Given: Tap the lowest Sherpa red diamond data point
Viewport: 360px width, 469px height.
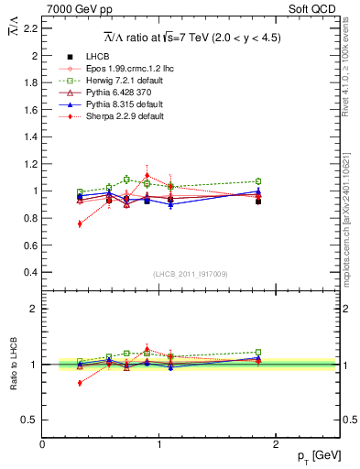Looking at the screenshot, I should (80, 224).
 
